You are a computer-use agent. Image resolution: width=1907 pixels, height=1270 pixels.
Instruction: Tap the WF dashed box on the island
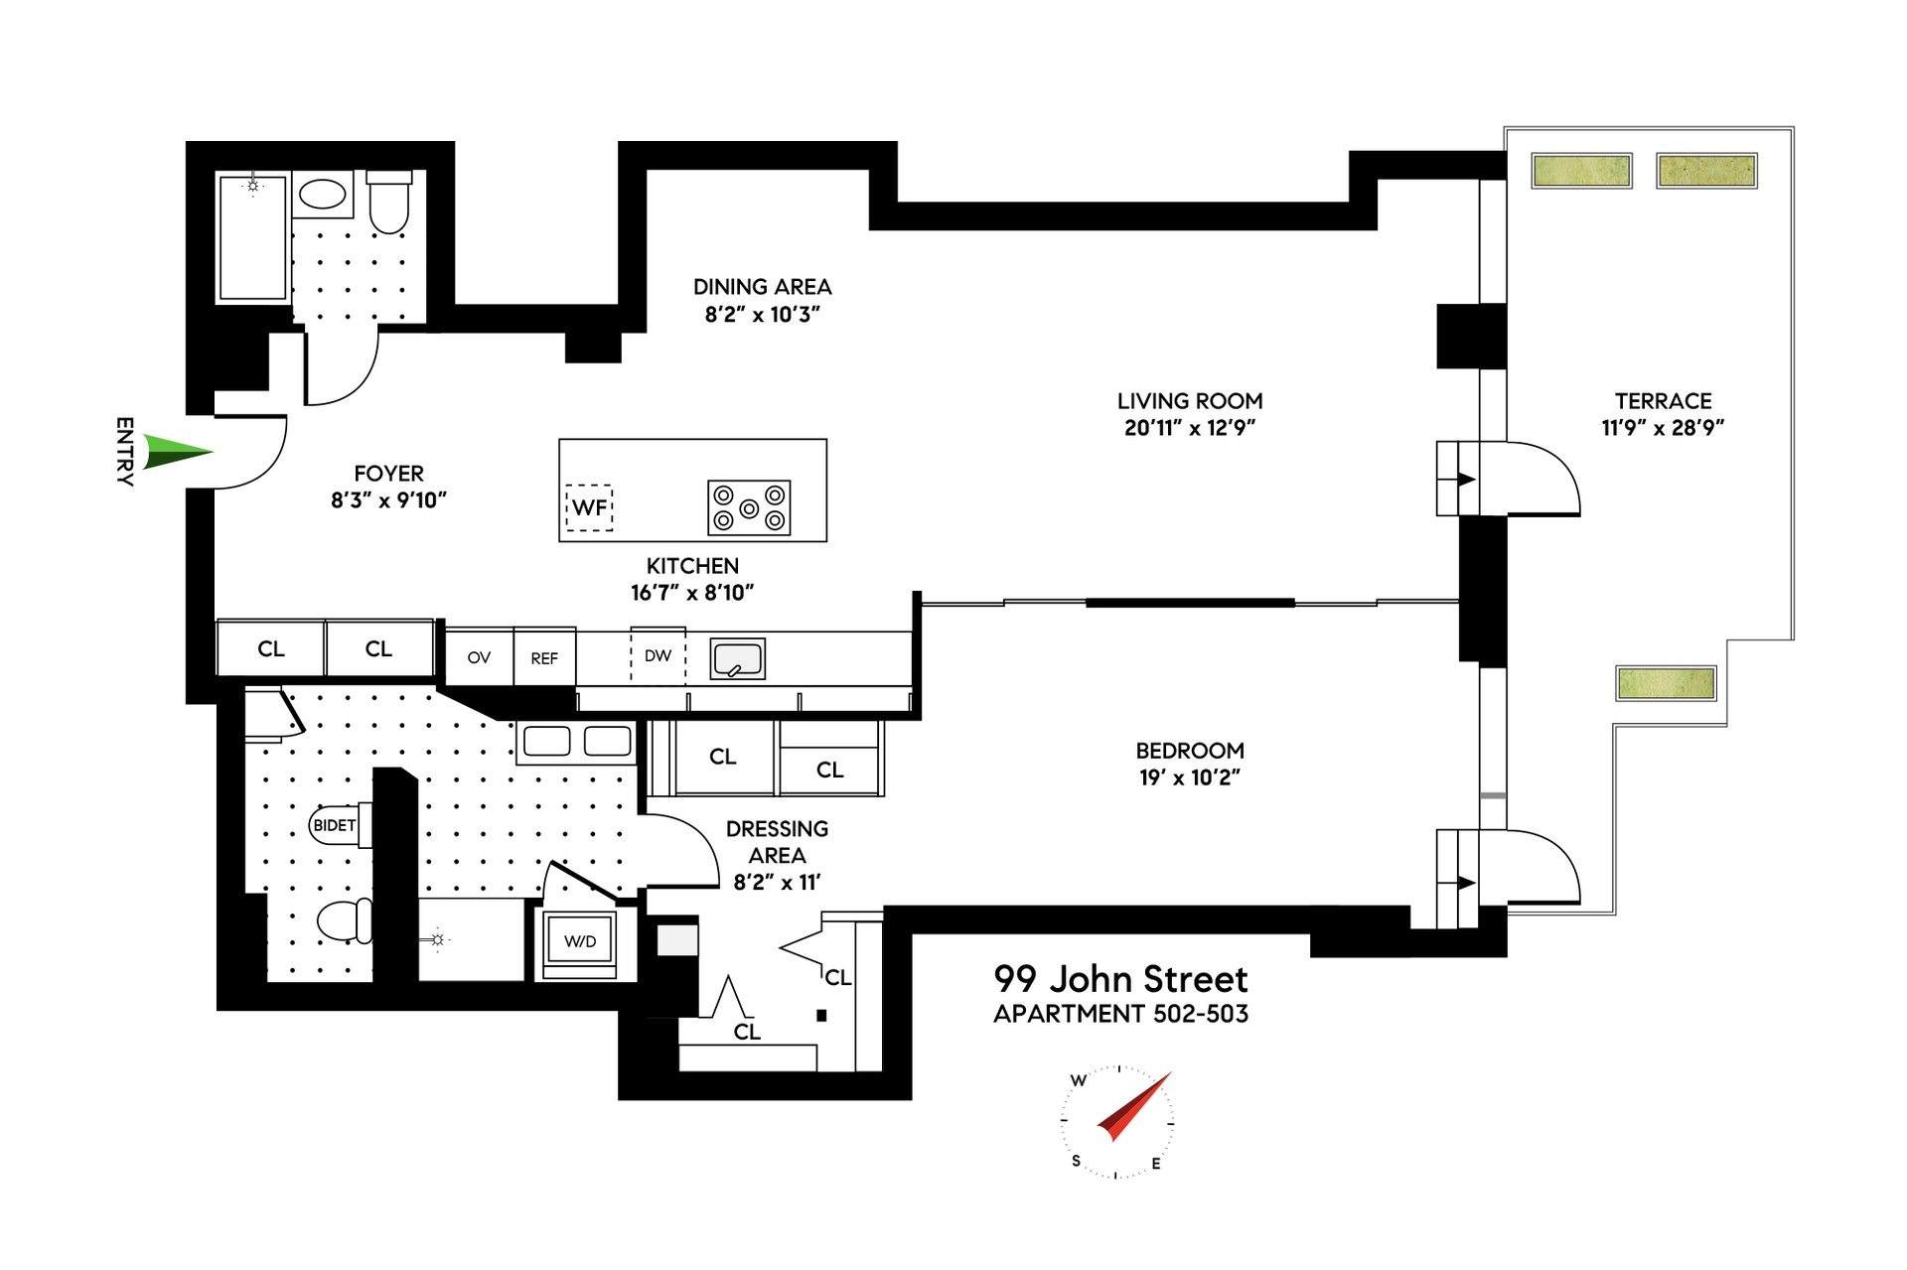(x=589, y=507)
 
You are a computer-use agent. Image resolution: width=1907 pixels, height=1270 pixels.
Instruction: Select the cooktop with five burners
(x=749, y=507)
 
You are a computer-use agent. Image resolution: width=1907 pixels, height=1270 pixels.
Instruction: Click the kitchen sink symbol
(x=737, y=658)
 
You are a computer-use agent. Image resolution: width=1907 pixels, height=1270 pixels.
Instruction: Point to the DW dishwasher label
(x=658, y=655)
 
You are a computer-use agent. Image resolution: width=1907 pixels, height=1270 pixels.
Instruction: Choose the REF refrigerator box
(x=544, y=657)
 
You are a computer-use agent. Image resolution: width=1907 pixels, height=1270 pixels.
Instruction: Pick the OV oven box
(x=479, y=657)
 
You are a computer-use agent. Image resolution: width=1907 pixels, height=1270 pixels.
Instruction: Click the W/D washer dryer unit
(x=580, y=941)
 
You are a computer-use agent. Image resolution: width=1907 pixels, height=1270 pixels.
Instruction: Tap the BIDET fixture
(x=336, y=825)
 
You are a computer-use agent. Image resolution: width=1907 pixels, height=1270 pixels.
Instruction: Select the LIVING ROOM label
(x=1189, y=401)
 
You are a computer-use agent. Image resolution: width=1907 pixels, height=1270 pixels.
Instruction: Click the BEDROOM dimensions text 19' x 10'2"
(x=1189, y=777)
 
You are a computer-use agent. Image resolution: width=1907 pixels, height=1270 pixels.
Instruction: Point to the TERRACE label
(x=1663, y=401)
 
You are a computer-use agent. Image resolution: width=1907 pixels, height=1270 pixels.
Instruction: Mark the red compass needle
(x=1135, y=1106)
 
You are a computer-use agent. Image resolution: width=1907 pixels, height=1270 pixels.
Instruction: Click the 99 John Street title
(x=1120, y=979)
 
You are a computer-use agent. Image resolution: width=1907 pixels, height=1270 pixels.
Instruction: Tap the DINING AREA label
(x=762, y=287)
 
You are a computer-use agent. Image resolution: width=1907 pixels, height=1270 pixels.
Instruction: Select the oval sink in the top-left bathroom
(x=323, y=194)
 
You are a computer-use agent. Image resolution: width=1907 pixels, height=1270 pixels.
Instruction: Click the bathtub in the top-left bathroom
(x=253, y=238)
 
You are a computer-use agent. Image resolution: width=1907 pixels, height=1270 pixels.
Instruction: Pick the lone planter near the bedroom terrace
(x=1666, y=683)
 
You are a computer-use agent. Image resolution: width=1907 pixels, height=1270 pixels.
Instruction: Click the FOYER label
(x=388, y=474)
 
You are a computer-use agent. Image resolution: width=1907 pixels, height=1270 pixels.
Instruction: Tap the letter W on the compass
(x=1079, y=1080)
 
